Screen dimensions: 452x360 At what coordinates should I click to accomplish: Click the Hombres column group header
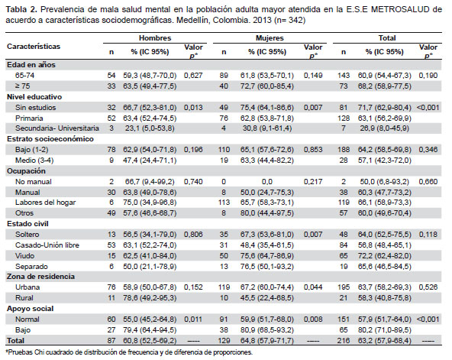[155, 38]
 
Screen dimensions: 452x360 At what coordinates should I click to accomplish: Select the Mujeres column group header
[270, 38]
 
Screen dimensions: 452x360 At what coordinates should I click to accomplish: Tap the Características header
[34, 47]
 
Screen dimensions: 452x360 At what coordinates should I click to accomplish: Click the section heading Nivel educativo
[34, 97]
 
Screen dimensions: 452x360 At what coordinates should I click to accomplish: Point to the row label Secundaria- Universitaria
[57, 128]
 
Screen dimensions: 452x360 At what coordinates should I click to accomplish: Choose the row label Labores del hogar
[45, 203]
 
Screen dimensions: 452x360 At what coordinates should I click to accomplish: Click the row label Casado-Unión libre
[47, 245]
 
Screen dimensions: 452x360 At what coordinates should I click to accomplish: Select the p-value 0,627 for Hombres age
[193, 76]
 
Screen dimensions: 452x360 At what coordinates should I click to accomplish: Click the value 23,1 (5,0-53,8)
[150, 128]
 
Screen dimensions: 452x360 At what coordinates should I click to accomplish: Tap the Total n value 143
[344, 76]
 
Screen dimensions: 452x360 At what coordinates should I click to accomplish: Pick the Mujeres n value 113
[224, 203]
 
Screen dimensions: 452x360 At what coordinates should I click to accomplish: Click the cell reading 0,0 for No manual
[267, 182]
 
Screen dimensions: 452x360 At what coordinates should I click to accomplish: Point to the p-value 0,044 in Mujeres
[313, 287]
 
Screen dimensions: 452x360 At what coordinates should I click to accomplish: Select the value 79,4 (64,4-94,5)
[150, 330]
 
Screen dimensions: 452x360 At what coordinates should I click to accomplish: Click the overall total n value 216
[344, 341]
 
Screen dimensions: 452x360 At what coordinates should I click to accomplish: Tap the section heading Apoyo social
[31, 309]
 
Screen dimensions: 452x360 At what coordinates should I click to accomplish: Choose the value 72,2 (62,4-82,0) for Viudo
[385, 256]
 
